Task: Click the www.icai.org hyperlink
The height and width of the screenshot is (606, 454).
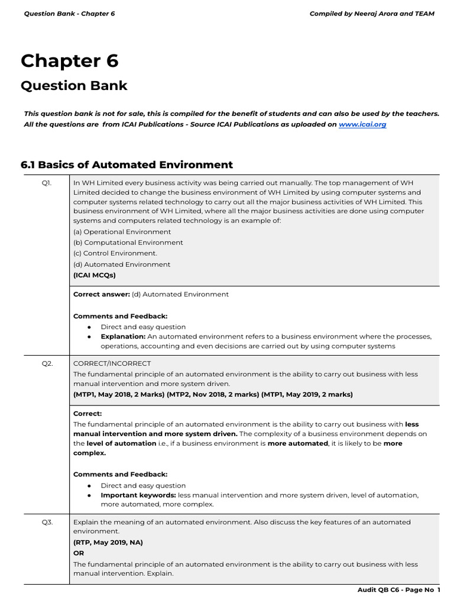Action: tap(362, 124)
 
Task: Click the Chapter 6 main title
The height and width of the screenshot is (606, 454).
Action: tap(70, 61)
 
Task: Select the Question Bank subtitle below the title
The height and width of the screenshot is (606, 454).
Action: tap(74, 85)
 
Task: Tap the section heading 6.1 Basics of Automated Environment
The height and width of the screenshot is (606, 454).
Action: tap(127, 165)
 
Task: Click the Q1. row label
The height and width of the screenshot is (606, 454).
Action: tap(47, 183)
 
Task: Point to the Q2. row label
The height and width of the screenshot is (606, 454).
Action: tap(47, 363)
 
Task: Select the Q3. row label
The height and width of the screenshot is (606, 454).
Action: tap(47, 522)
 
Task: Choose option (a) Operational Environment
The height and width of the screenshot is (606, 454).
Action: tap(122, 232)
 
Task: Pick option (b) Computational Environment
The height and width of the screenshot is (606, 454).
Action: tap(128, 243)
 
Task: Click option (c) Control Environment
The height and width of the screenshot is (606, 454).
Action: tap(115, 253)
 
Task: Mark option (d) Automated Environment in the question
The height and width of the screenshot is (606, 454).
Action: tap(121, 265)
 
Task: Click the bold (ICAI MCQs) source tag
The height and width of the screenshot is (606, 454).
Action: tap(95, 275)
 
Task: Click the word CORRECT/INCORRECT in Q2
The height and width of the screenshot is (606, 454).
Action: tap(112, 363)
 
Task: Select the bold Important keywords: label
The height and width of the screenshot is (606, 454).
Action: tap(138, 495)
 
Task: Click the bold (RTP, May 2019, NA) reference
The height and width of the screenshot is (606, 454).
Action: tap(108, 542)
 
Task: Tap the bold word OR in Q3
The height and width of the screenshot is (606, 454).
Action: tap(79, 553)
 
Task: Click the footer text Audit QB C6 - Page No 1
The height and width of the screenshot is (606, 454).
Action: tap(399, 590)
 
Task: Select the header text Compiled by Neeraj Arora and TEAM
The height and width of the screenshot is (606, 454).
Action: tap(372, 14)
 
